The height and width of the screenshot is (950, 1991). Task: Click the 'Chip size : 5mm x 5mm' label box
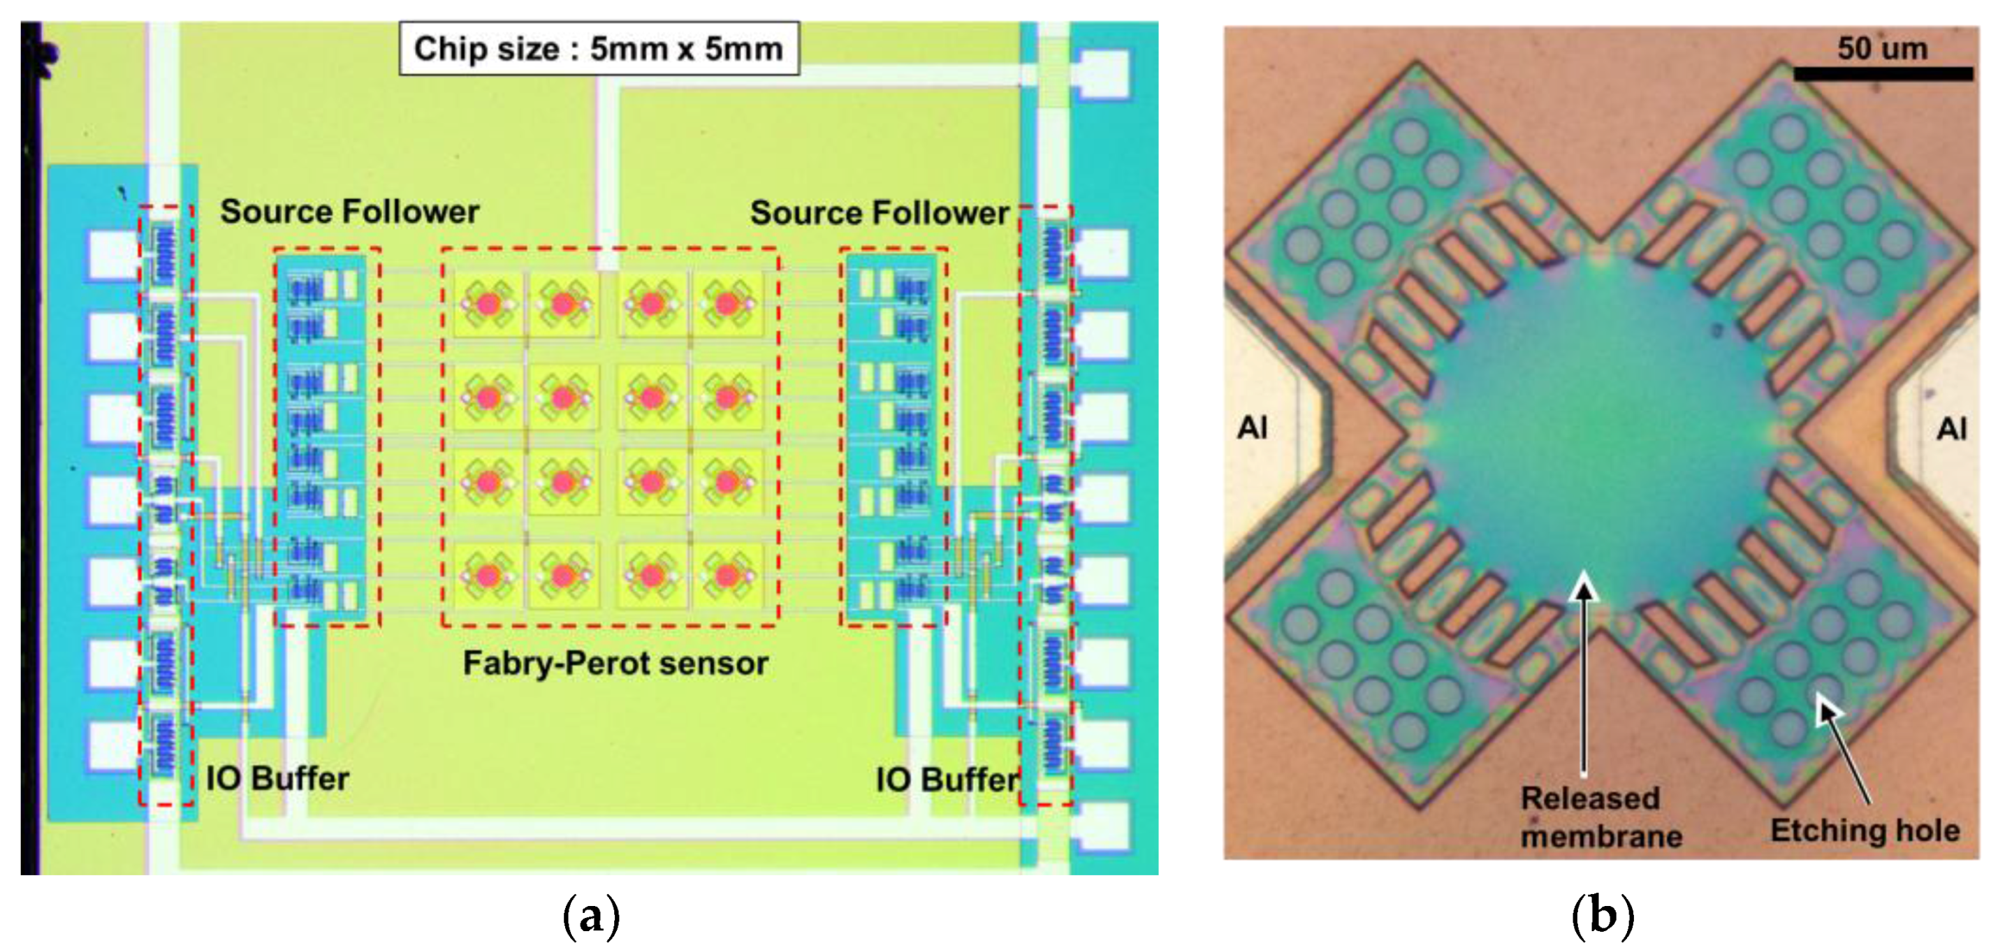(599, 49)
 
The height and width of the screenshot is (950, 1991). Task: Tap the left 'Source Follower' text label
(349, 212)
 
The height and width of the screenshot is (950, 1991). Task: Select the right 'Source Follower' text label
(880, 212)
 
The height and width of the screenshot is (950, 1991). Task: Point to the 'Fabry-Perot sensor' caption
(615, 663)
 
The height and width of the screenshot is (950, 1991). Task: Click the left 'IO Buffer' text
(277, 778)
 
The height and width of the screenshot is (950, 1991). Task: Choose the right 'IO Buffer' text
(947, 779)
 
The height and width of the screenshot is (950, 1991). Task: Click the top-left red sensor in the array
(488, 304)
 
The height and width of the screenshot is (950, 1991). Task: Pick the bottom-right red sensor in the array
(727, 575)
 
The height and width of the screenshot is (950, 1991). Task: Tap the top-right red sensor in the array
(727, 304)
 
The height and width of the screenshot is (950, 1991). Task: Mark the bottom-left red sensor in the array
(488, 575)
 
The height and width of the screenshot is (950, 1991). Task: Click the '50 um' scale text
(1883, 49)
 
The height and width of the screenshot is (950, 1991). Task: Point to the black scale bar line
(1883, 74)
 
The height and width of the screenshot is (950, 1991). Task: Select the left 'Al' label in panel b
(1252, 427)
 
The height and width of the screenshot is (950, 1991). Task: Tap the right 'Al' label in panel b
(1952, 429)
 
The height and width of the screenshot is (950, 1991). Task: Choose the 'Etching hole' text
(1865, 830)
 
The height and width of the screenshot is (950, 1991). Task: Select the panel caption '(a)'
(591, 916)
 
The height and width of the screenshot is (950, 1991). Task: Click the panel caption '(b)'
(1603, 916)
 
